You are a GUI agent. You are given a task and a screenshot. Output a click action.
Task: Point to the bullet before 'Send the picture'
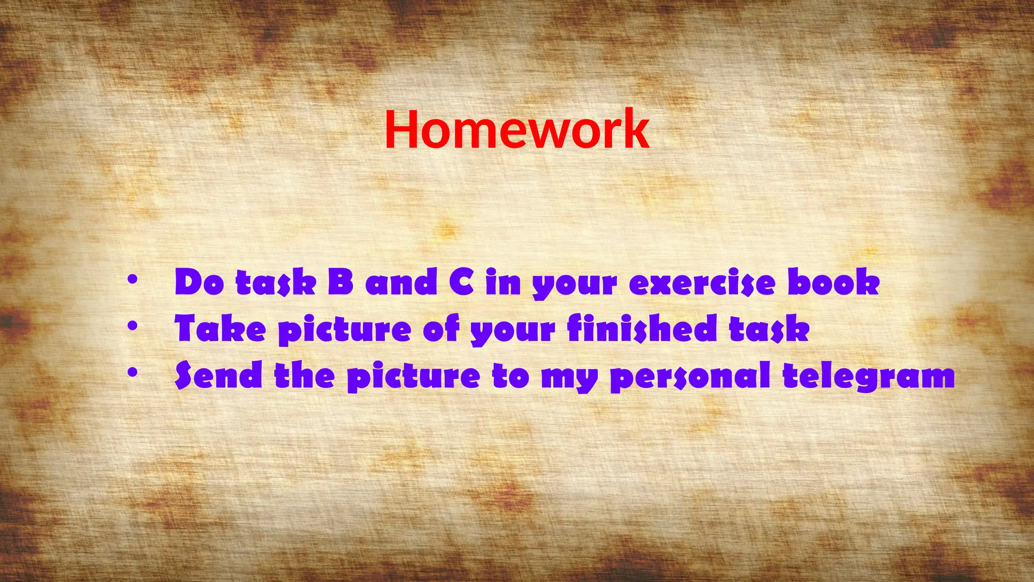point(132,373)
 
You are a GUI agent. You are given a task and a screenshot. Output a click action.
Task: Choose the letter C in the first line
point(461,282)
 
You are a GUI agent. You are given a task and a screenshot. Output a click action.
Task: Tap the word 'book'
point(834,282)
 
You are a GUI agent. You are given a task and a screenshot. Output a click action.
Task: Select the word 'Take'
point(220,328)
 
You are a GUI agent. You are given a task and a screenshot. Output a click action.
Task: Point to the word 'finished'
point(642,328)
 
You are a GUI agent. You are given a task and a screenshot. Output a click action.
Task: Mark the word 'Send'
point(219,375)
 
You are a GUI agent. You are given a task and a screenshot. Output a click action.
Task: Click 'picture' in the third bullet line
point(413,377)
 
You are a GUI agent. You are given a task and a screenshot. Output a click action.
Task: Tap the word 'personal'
point(690,376)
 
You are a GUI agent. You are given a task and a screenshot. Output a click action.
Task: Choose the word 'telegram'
point(868,376)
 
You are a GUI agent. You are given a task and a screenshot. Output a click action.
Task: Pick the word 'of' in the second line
point(441,328)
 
